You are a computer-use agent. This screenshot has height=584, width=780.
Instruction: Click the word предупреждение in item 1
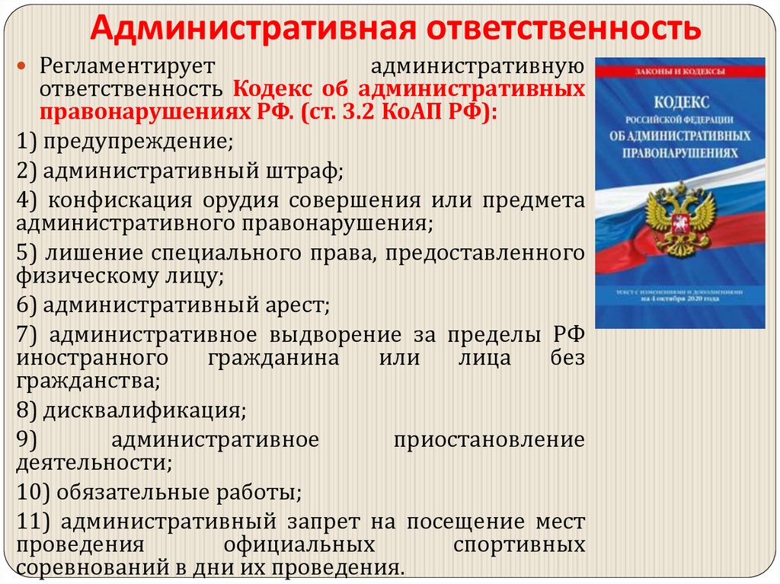click(137, 141)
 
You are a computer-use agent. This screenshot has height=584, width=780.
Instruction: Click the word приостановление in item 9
click(490, 440)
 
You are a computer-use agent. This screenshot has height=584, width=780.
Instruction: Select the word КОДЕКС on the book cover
click(680, 103)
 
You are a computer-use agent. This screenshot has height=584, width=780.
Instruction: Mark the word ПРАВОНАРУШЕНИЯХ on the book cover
click(680, 152)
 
